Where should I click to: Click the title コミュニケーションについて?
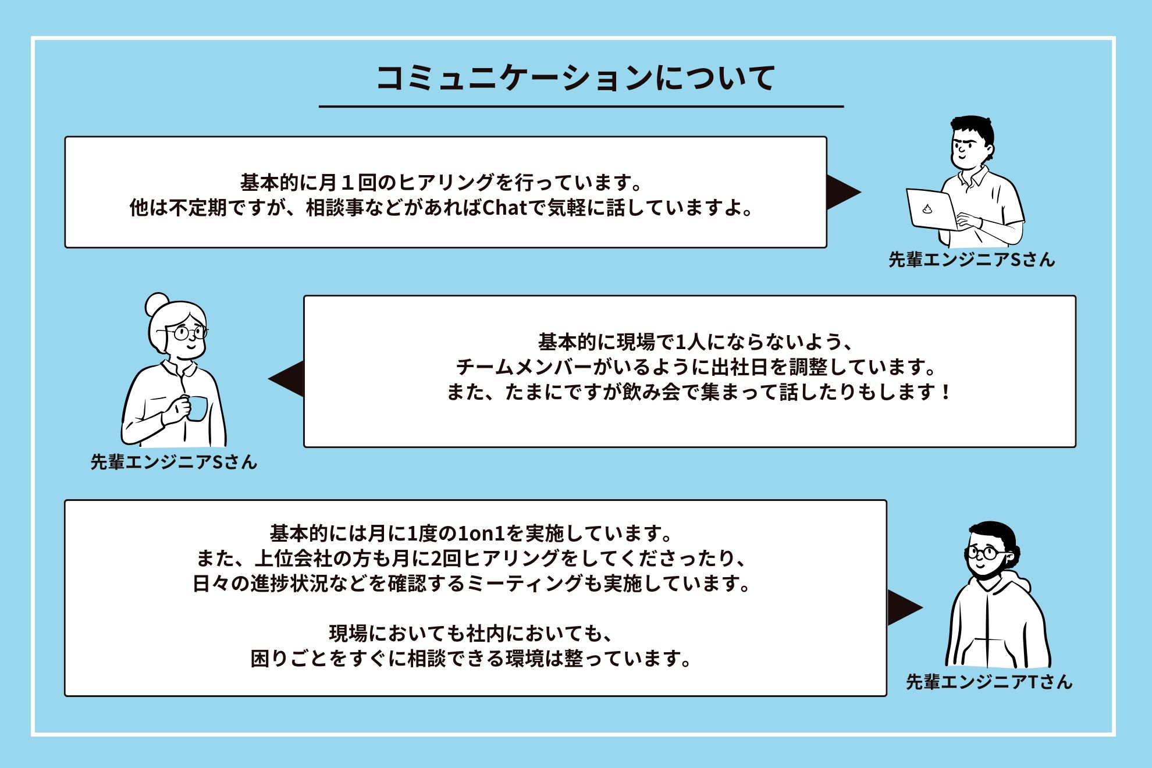pyautogui.click(x=575, y=78)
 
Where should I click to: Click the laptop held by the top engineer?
pyautogui.click(x=931, y=209)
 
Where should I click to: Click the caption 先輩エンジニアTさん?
pyautogui.click(x=989, y=682)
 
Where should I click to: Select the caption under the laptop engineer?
pyautogui.click(x=971, y=259)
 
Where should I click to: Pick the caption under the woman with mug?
pyautogui.click(x=173, y=462)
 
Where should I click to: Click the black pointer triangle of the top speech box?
pyautogui.click(x=842, y=192)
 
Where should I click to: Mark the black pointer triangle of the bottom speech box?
pyautogui.click(x=904, y=607)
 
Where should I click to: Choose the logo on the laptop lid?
pyautogui.click(x=927, y=208)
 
